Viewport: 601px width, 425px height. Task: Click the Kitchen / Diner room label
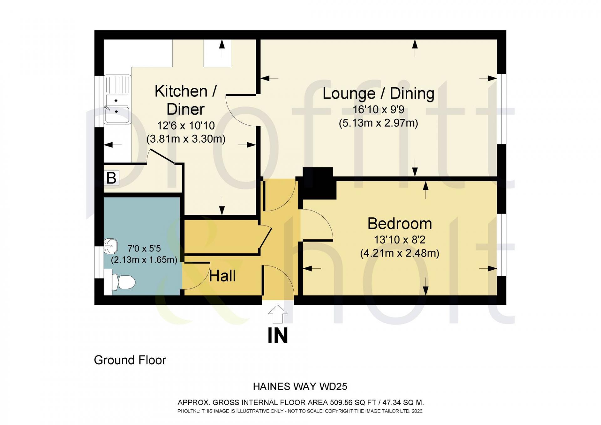coord(186,100)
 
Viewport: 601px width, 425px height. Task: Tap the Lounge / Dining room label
coord(378,93)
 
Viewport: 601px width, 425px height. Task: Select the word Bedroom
coord(400,224)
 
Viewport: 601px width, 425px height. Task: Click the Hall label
coord(222,276)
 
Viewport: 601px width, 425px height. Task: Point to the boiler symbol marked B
coord(111,178)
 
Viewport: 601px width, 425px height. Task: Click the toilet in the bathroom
coord(123,282)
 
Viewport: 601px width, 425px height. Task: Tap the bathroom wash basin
coord(110,246)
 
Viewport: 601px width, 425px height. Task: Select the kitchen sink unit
coord(117,100)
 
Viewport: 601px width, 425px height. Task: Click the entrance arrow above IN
coord(278,314)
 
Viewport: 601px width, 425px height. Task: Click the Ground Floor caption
coord(130,360)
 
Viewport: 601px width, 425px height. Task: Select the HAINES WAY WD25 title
coord(300,386)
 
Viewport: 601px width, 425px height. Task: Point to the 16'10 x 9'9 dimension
coord(378,110)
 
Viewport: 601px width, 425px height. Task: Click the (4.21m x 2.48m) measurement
coord(400,253)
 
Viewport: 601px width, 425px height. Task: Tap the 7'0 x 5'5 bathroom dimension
coord(144,249)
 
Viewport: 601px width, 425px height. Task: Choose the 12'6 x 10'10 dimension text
coord(186,126)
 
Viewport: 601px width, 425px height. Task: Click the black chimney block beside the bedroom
coord(318,183)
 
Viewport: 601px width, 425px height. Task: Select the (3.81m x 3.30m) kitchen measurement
coord(186,139)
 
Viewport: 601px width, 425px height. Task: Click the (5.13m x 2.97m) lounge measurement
coord(378,123)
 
